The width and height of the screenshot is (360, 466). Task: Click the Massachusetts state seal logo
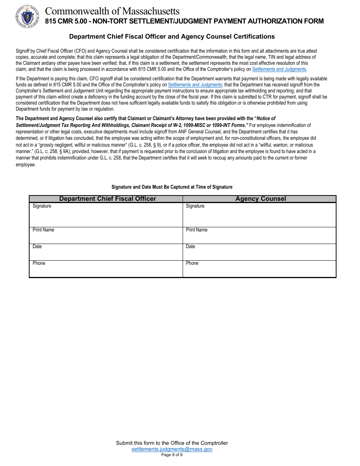[25, 16]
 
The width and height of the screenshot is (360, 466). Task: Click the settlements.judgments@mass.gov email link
[172, 449]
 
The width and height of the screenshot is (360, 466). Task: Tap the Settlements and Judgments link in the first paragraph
[279, 69]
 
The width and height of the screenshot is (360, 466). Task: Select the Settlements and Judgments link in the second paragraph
[195, 85]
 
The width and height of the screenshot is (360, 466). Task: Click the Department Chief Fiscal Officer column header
[108, 199]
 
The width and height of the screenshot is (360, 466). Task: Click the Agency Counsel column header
[261, 199]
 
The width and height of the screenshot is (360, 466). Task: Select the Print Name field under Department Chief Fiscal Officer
[106, 237]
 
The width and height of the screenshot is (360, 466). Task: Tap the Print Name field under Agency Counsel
[260, 237]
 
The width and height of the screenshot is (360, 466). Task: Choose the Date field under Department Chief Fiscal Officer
[106, 253]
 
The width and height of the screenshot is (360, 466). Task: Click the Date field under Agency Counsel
[260, 253]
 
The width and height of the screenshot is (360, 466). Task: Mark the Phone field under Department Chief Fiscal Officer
[106, 270]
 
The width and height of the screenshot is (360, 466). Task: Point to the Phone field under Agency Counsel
[260, 270]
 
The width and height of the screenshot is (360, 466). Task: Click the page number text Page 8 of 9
[172, 455]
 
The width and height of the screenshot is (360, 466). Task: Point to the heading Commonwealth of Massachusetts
[112, 11]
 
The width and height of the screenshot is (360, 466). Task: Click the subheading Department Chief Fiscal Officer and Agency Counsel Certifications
[172, 37]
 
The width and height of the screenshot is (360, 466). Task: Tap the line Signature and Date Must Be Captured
[172, 187]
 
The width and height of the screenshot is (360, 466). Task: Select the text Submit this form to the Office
[172, 443]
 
